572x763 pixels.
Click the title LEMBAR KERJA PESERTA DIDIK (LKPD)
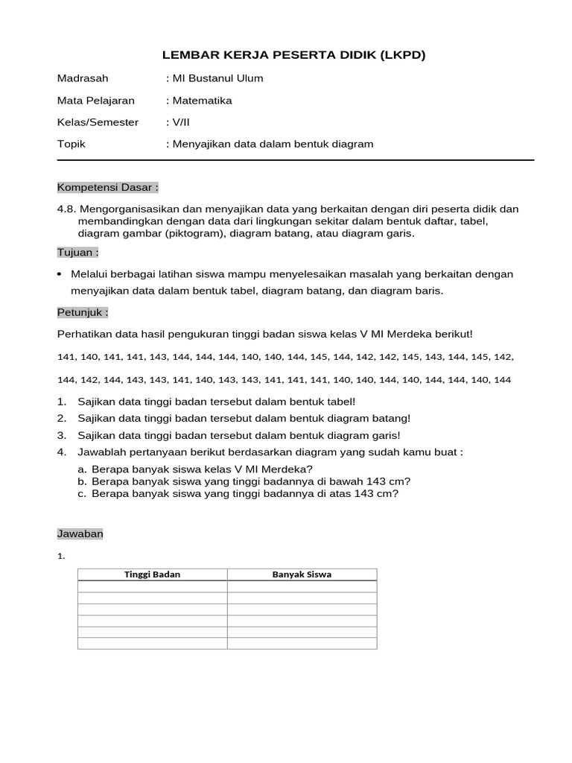(x=294, y=55)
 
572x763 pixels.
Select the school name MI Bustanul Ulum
(x=217, y=78)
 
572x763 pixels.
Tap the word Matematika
(x=202, y=100)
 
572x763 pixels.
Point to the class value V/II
(x=182, y=122)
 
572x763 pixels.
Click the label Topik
(x=71, y=144)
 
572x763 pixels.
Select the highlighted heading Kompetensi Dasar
(x=107, y=186)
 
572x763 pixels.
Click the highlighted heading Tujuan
(x=77, y=252)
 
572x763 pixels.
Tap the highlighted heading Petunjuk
(x=82, y=311)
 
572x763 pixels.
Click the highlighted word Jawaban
(x=80, y=534)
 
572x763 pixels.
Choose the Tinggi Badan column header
(x=152, y=574)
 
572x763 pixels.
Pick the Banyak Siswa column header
(x=302, y=574)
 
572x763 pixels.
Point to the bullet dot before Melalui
(x=60, y=274)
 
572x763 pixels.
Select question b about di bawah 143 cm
(x=250, y=481)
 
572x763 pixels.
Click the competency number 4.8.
(x=66, y=209)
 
